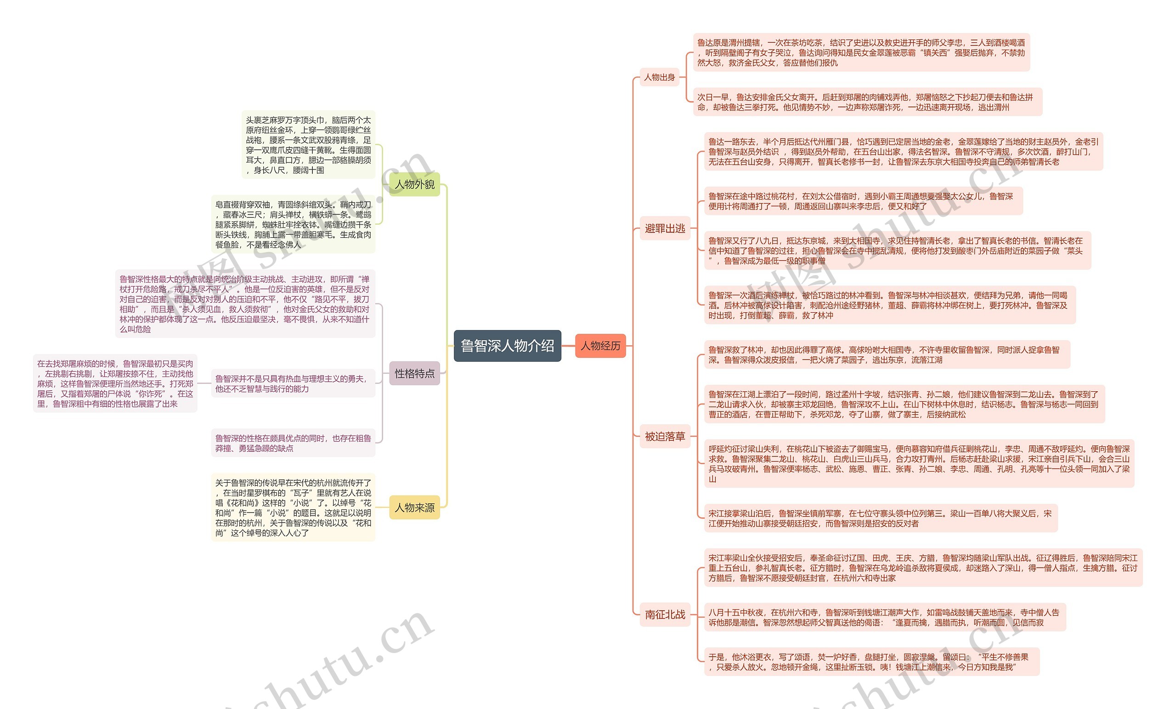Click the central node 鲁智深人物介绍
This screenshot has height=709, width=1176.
coord(507,345)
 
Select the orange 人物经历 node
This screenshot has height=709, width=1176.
coord(600,345)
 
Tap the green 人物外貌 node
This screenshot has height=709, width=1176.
coord(414,184)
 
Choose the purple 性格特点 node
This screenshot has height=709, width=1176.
coord(414,373)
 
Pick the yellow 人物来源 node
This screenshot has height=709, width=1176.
coord(414,507)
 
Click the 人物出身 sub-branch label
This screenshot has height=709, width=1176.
coord(659,77)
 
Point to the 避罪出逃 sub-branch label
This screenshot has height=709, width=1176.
coord(664,229)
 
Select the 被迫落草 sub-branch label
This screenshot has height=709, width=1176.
coord(664,436)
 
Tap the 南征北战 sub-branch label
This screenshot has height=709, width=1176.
coord(664,614)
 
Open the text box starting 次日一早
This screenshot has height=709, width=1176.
coord(867,102)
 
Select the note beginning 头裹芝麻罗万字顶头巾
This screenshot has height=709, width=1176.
coord(308,145)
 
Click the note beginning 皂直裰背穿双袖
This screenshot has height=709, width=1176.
coord(293,224)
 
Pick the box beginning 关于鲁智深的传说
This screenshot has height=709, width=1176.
coord(293,508)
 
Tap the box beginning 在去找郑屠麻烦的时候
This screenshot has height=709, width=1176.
coord(115,383)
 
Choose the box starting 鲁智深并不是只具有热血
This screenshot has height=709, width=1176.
coord(293,383)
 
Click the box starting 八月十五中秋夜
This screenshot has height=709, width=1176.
coord(884,618)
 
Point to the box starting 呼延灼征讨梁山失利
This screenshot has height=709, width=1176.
coord(918,464)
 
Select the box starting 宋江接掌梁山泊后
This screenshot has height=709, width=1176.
coord(880,518)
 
